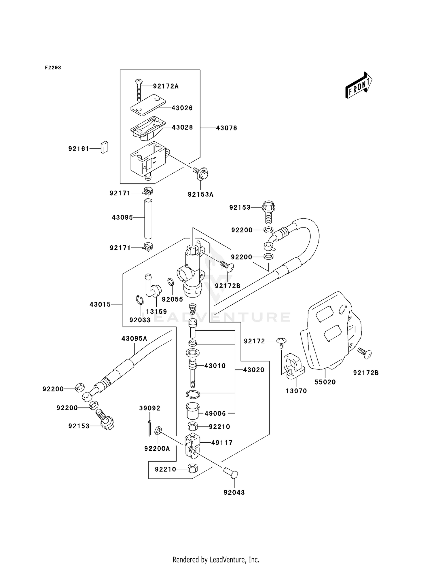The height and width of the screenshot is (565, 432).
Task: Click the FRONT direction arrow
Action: point(359,85)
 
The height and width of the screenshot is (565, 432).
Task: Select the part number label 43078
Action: point(226,128)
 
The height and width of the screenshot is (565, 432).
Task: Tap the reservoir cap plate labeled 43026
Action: point(148,105)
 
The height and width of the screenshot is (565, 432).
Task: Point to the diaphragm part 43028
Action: point(148,128)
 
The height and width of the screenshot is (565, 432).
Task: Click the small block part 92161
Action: point(104,147)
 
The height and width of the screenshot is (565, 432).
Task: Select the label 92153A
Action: point(200,195)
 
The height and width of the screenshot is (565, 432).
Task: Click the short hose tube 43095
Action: point(148,219)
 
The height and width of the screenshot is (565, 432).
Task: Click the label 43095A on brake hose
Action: point(134,339)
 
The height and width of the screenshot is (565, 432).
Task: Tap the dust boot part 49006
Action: point(192,411)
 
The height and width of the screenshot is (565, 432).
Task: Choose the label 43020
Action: point(253,370)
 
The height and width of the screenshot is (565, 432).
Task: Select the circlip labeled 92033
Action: point(139,300)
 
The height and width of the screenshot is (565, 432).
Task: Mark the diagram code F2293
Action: point(53,68)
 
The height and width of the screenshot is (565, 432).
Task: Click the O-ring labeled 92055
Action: point(170,282)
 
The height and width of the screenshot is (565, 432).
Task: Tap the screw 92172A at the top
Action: point(139,90)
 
